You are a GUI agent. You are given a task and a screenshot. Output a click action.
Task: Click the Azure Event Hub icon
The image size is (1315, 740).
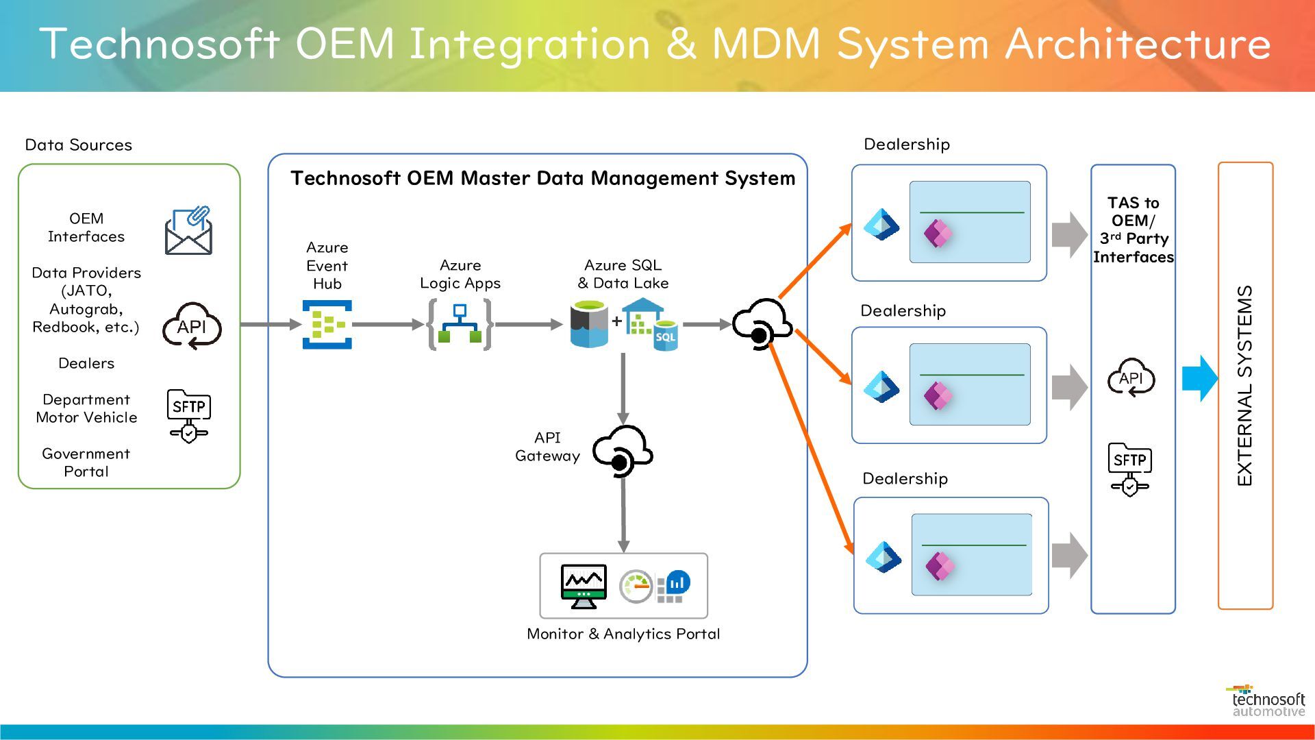(327, 325)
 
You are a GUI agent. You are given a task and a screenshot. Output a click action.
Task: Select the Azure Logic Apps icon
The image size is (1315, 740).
(460, 325)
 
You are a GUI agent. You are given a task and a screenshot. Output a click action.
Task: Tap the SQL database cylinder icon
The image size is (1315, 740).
(589, 325)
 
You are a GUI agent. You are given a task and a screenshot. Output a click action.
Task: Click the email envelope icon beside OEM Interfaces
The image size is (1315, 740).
(188, 231)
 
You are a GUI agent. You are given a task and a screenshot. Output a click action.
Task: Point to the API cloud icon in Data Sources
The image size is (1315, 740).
(192, 326)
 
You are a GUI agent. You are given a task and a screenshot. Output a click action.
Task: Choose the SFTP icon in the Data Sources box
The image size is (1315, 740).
(189, 415)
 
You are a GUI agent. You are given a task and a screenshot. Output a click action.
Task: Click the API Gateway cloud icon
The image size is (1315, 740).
(622, 451)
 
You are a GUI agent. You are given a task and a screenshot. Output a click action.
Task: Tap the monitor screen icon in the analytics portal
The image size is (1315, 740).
(584, 587)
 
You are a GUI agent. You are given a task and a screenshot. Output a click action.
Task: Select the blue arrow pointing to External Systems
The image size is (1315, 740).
(1200, 378)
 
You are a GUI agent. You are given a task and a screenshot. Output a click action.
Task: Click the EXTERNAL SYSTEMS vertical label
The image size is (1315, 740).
(1245, 386)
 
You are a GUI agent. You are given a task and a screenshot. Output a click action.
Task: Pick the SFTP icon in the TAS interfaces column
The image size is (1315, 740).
(1130, 469)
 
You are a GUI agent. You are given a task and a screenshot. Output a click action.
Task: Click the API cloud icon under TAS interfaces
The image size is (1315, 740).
(1131, 378)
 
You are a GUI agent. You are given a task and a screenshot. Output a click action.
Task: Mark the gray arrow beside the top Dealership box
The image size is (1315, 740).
(1069, 234)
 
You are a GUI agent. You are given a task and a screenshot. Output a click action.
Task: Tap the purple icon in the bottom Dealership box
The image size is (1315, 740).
(939, 566)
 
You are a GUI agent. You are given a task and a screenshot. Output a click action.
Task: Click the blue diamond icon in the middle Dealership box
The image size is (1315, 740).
(881, 387)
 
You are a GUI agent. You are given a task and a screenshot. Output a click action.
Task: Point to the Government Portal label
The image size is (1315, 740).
(86, 463)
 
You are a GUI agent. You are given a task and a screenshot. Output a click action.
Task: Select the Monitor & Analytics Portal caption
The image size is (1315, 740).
(623, 634)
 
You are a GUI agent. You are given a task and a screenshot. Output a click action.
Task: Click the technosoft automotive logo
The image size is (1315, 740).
(1268, 701)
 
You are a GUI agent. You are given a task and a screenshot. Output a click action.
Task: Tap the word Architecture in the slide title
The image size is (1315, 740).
(1138, 44)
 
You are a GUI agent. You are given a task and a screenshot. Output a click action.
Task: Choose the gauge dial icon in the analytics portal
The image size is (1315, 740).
(636, 587)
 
